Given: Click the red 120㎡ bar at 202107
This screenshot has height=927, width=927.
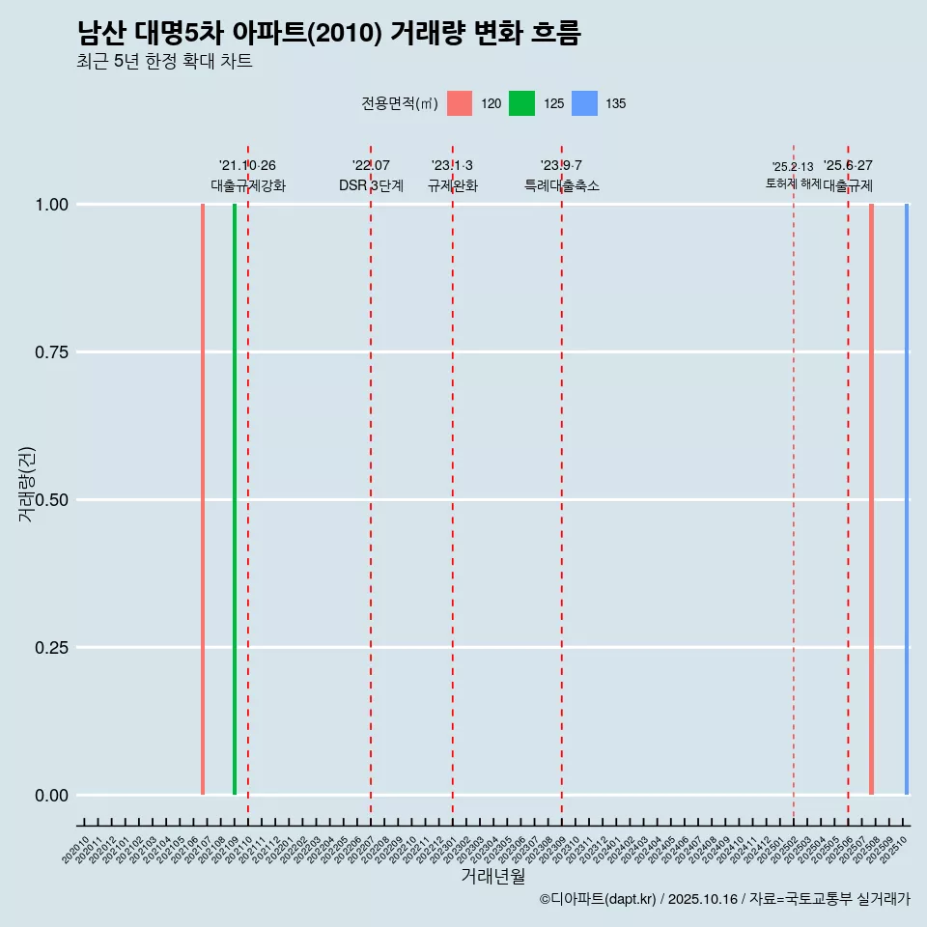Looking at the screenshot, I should pos(203,499).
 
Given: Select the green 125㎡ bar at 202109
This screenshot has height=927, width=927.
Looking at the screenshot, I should pos(235,499).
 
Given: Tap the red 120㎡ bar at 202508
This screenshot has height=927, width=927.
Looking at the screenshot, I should pos(871,499).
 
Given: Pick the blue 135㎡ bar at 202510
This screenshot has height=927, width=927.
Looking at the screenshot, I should pos(906,499).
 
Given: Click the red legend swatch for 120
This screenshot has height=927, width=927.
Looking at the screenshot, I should pos(460,103).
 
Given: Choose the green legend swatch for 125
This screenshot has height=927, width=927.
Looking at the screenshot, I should pos(521,103).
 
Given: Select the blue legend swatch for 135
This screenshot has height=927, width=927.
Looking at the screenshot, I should pos(584,103).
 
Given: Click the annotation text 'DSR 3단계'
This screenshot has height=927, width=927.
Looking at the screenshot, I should pos(371,185).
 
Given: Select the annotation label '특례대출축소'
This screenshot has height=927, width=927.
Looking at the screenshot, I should pos(562,185).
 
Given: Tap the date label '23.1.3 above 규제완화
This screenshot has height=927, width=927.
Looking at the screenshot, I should pos(452,166).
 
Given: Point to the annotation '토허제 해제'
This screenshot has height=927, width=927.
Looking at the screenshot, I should pos(793,183).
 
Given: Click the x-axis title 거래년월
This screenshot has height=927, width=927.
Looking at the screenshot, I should pos(493,876).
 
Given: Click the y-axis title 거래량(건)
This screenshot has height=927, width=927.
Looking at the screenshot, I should pos(27,484).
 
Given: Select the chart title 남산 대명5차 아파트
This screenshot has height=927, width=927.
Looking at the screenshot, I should pos(328,34).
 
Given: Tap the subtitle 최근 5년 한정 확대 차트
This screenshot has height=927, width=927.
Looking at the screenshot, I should pos(164,62).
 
